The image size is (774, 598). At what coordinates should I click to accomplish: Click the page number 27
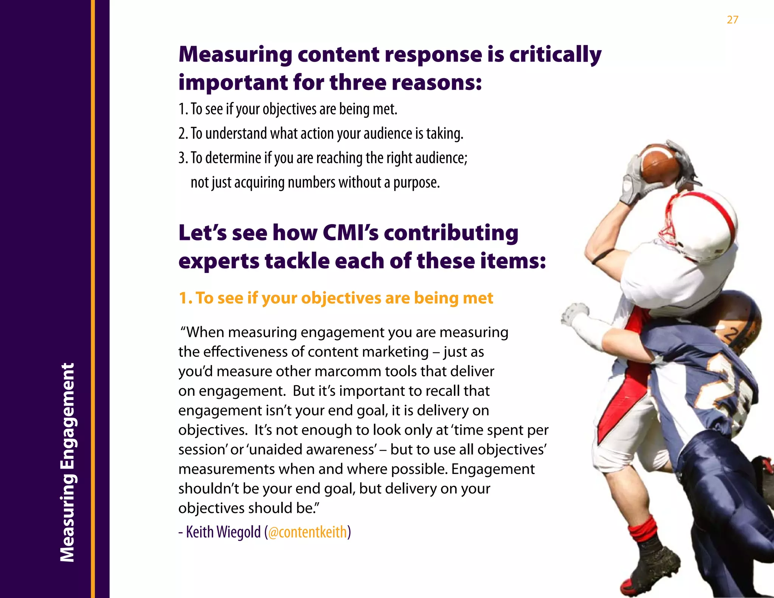(732, 20)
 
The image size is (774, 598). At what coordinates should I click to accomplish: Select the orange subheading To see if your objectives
(336, 298)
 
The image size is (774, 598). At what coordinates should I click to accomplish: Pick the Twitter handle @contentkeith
(307, 532)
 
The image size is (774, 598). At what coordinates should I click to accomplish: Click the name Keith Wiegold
(223, 532)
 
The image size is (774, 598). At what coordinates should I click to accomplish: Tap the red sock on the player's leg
(643, 529)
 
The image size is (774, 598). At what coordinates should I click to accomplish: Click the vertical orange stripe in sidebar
(93, 299)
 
